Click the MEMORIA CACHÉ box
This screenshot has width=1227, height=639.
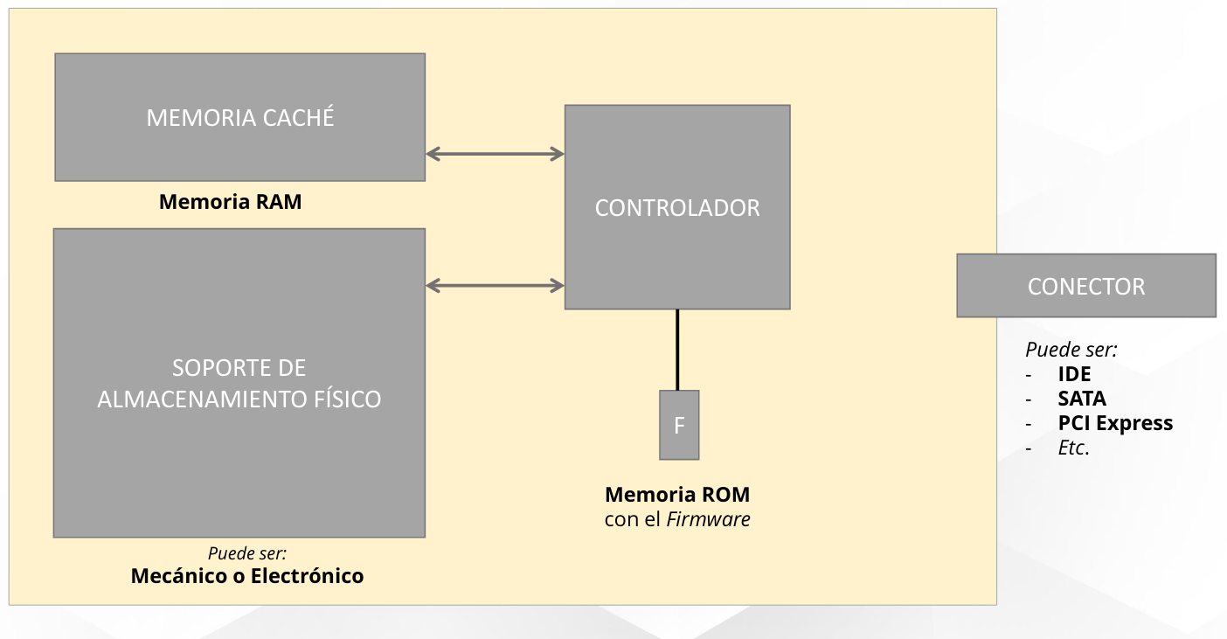[239, 117]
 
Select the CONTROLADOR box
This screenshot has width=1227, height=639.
[677, 207]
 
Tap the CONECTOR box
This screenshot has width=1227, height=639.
[1085, 286]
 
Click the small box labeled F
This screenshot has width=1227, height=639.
[679, 425]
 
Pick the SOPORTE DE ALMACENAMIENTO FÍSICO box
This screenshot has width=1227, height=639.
[239, 383]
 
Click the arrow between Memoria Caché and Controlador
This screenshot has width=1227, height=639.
[495, 154]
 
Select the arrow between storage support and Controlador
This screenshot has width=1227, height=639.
[495, 285]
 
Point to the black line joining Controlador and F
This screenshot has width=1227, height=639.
[677, 350]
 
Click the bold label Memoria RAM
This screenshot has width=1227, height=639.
[230, 202]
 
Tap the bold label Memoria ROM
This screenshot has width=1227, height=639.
[677, 495]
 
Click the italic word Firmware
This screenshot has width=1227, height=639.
[708, 519]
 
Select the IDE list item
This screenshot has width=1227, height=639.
[1074, 374]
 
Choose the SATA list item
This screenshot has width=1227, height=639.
[1082, 399]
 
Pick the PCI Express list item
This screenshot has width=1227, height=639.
[1115, 423]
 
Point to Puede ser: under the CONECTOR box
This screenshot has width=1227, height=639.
[1071, 350]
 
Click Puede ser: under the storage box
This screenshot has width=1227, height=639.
[247, 553]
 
